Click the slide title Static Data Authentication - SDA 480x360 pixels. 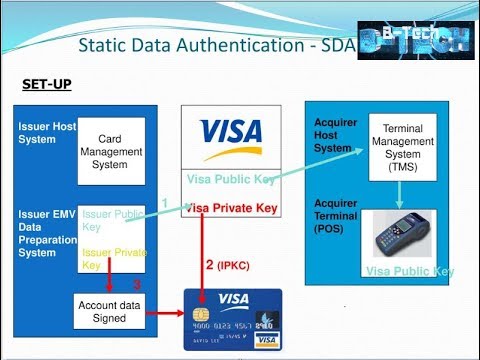(216, 46)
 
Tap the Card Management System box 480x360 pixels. (111, 151)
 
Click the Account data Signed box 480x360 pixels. (103, 311)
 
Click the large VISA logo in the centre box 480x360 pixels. (231, 132)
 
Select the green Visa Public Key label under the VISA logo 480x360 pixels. (231, 179)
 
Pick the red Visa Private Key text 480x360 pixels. (231, 209)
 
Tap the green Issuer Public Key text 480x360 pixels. (112, 220)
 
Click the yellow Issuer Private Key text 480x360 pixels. (112, 259)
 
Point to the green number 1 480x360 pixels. (164, 204)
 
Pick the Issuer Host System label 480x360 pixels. (44, 132)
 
